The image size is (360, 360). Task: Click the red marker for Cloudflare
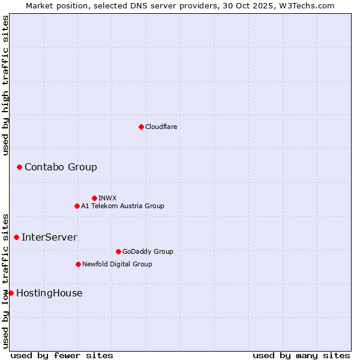tap(141, 127)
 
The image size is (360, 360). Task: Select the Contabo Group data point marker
tap(19, 167)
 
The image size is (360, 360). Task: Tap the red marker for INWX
tap(94, 198)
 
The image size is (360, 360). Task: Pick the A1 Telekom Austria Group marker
tap(77, 206)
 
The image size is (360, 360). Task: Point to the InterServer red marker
tap(16, 237)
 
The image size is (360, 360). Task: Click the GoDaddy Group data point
tap(118, 251)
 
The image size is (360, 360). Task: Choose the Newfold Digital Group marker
tap(78, 264)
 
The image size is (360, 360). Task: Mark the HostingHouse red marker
tap(11, 293)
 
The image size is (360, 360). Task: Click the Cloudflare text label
tap(161, 127)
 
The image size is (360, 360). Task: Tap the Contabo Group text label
tap(61, 167)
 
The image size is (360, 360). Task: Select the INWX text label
tap(107, 198)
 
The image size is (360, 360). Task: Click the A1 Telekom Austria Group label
tap(122, 206)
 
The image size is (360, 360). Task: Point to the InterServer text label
tap(49, 237)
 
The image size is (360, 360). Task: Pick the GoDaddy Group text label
tap(148, 251)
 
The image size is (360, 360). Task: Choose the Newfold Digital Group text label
tap(117, 264)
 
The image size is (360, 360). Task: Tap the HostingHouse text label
tap(49, 293)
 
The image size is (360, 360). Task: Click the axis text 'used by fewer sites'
tap(62, 355)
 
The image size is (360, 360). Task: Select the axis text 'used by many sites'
tap(301, 355)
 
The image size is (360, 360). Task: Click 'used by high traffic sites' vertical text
tap(5, 85)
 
